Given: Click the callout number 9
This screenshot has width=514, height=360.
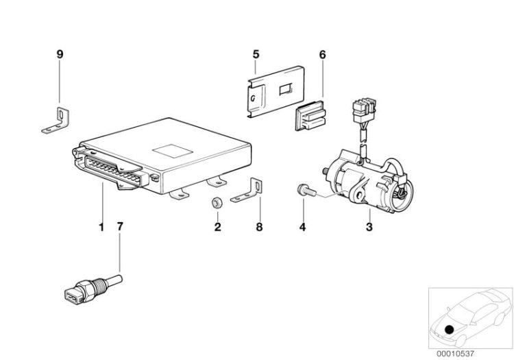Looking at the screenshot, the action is coord(60,54).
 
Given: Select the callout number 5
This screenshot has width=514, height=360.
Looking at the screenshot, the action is coord(256,54).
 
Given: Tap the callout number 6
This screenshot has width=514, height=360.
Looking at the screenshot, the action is coord(323,55).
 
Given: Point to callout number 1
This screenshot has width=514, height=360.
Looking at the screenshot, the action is coord(101,226).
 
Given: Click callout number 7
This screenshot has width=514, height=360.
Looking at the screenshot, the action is coord(120,226).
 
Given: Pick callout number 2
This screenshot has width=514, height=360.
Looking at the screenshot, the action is coord(218,227).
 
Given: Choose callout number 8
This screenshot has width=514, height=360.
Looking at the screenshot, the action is coord(259,227).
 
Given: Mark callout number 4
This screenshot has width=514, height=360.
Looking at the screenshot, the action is coord(302,227).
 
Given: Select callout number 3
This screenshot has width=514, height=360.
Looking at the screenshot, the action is coord(369,227).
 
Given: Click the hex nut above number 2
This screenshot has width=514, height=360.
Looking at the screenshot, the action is coord(217,202).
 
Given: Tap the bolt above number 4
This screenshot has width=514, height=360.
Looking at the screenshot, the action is coord(306,191).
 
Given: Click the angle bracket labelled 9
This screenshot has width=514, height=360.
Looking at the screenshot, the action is coord(56,121).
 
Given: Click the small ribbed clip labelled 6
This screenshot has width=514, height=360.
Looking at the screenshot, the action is coord(310,115).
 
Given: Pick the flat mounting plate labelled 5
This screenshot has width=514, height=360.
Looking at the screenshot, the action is coord(276,92).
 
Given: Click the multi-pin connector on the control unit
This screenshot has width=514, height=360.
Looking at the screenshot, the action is coord(112,171).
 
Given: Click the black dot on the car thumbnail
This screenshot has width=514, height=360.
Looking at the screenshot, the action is coord(450,329).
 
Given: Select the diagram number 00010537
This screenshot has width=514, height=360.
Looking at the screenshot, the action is coord(455,354).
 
